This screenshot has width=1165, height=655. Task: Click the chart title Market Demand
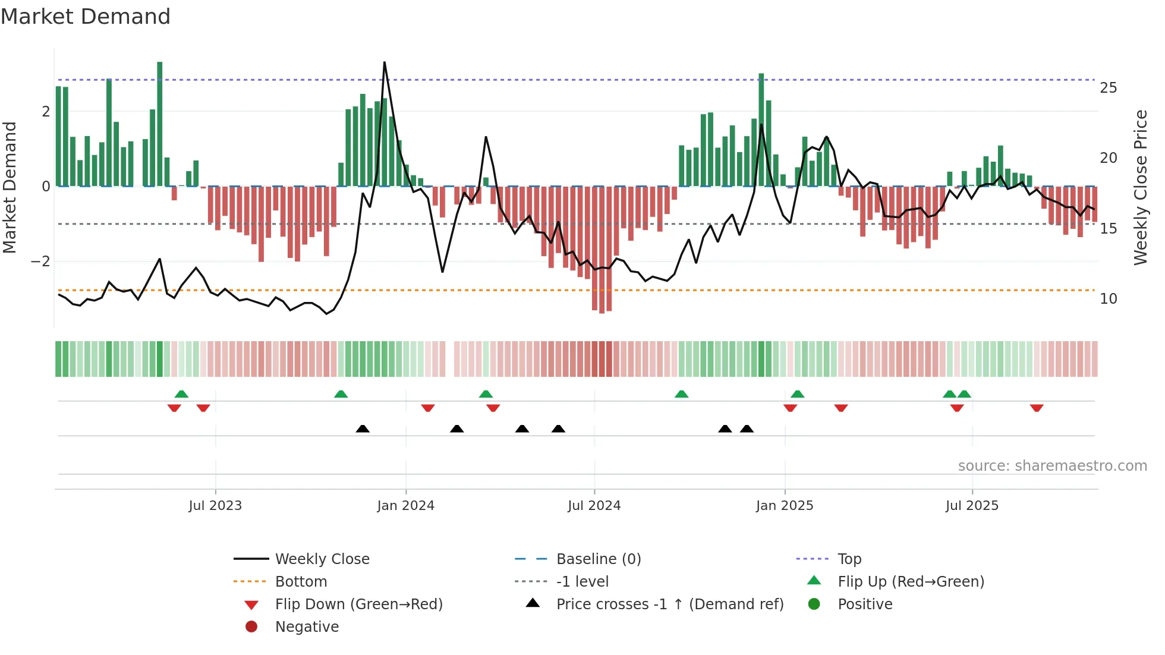pos(86,17)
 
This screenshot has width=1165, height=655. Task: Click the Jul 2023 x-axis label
pos(215,506)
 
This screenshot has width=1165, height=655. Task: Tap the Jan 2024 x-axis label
pos(405,506)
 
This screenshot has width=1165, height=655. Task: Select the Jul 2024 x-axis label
pos(594,506)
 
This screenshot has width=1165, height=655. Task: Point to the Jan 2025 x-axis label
pos(785,506)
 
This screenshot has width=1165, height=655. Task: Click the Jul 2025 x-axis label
pos(972,506)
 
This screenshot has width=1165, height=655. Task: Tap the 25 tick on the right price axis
pos(1108,88)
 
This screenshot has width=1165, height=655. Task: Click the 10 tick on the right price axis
pos(1108,299)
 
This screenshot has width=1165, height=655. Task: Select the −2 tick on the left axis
pos(41,262)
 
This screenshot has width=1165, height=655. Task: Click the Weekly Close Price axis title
pos(1140,187)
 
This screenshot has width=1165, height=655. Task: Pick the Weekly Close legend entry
pos(322,559)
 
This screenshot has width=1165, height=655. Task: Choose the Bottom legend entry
pos(301,582)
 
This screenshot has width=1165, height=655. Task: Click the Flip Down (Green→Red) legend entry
pos(358,604)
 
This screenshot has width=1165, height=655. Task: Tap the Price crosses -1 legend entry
pos(669,604)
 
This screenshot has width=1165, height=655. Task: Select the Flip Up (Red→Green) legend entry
pos(911,582)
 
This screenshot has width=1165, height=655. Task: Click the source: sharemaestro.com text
pos(1052,466)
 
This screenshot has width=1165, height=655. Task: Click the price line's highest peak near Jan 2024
pos(385,62)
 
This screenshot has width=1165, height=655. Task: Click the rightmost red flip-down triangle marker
pos(1037,408)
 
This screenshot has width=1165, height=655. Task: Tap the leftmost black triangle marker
pos(363,429)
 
